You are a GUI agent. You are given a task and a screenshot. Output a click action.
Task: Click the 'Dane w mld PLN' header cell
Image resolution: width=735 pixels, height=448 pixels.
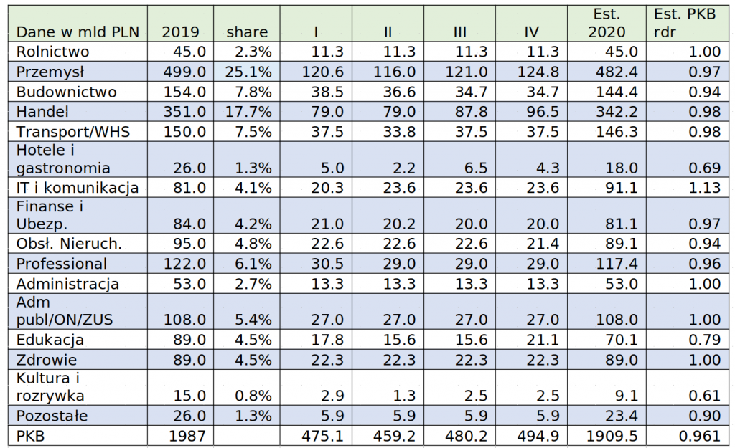[x=78, y=32]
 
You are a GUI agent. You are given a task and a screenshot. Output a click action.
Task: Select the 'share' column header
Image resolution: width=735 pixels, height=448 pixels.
[x=247, y=32]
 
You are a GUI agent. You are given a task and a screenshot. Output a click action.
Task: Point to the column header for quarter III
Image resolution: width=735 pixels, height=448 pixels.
[x=460, y=32]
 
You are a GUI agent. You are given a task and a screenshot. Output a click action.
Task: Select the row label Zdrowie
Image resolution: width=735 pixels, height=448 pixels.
[x=47, y=360]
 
